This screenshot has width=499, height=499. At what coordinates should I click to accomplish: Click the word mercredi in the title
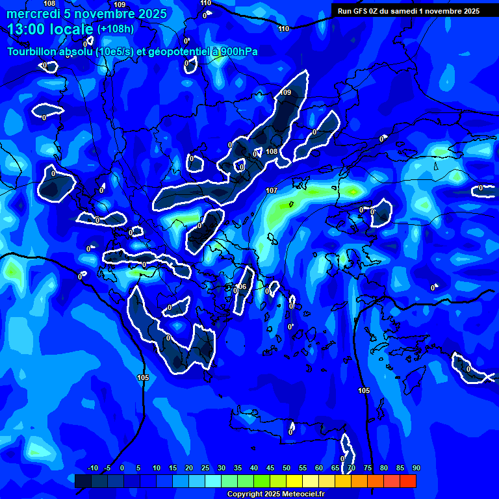point(32,14)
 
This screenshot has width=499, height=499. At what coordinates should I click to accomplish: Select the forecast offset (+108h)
point(116,29)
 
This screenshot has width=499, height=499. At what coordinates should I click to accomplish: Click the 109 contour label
point(286,93)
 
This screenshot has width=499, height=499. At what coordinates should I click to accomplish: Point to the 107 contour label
point(272,190)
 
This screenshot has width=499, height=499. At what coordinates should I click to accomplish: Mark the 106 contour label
point(241,287)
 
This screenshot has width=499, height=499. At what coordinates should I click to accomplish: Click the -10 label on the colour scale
point(92,468)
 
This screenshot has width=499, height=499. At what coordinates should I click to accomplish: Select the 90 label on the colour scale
point(416,468)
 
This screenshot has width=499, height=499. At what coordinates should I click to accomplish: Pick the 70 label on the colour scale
point(351,468)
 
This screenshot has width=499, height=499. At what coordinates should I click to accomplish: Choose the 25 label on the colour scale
point(205,468)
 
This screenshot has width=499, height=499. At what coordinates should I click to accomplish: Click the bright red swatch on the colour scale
point(407,481)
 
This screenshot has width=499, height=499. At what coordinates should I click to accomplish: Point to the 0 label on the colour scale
point(122,468)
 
